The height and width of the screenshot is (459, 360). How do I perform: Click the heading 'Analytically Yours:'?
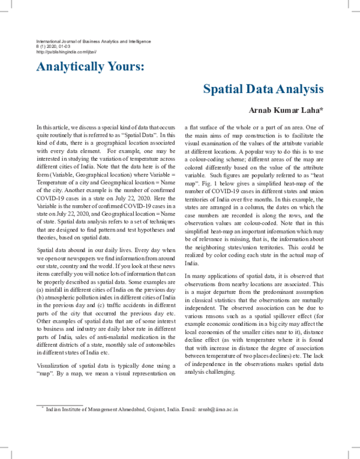tap(90, 65)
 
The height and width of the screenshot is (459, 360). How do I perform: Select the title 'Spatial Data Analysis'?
tap(263, 89)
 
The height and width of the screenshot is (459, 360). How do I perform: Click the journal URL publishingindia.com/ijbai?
tap(62, 52)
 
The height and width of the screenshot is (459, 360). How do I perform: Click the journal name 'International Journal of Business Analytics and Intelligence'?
tap(94, 41)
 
